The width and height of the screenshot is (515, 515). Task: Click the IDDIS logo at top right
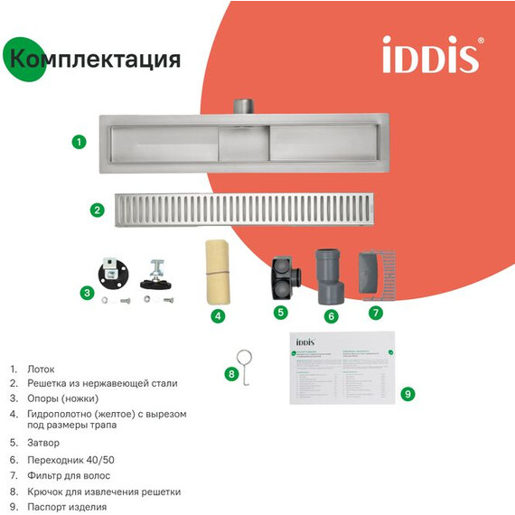[430, 55]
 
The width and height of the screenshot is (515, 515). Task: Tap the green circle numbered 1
[80, 141]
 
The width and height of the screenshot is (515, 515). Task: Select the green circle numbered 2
[97, 210]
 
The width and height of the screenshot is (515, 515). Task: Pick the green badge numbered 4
[218, 315]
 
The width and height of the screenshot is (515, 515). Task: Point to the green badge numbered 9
[407, 393]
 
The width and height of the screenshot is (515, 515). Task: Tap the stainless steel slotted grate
[248, 210]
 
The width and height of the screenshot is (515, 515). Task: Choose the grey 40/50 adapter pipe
[328, 276]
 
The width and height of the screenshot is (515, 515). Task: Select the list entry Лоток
[41, 370]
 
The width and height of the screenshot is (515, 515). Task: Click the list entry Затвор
[42, 444]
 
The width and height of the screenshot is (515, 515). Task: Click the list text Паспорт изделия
[67, 507]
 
